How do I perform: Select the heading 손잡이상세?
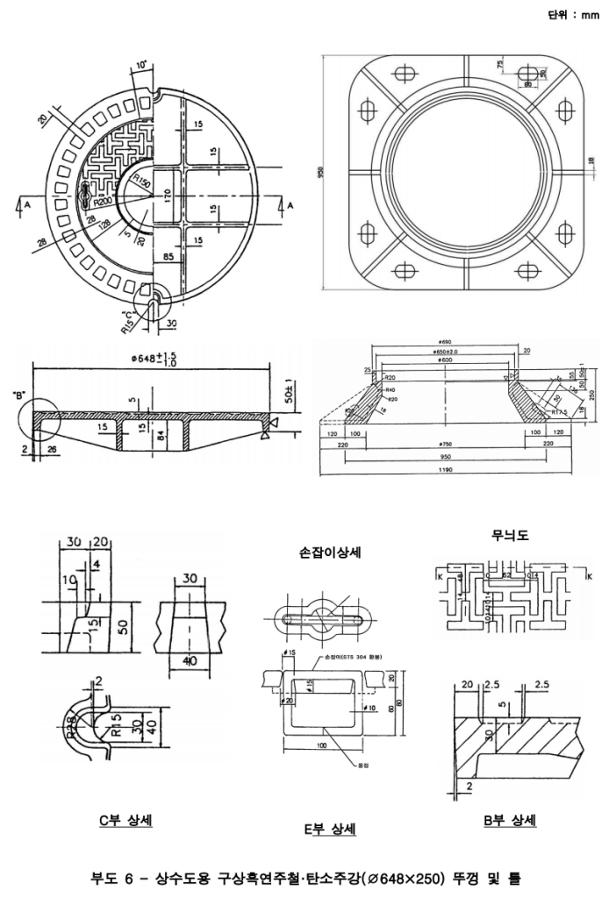click(x=332, y=552)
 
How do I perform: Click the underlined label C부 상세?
click(x=125, y=820)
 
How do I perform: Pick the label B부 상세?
click(x=510, y=820)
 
